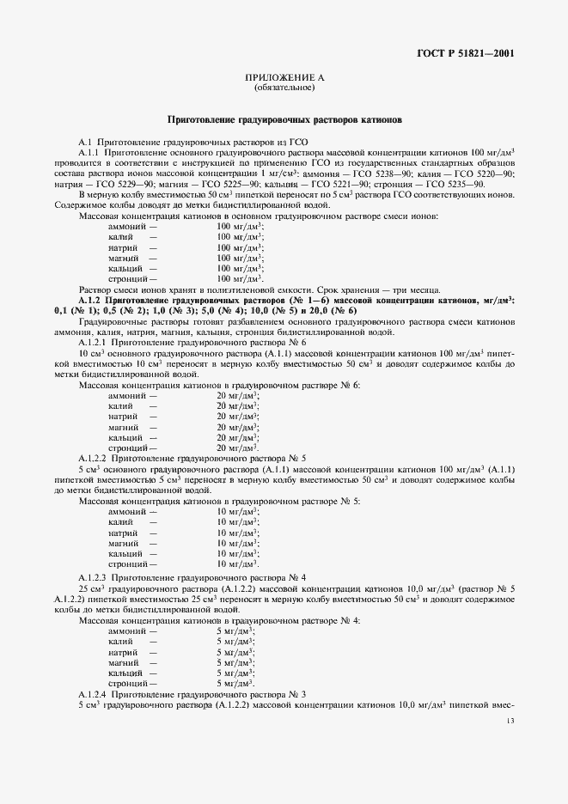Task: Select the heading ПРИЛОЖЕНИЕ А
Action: [284, 78]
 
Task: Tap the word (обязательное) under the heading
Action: [284, 88]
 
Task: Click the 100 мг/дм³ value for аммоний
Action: [240, 226]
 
